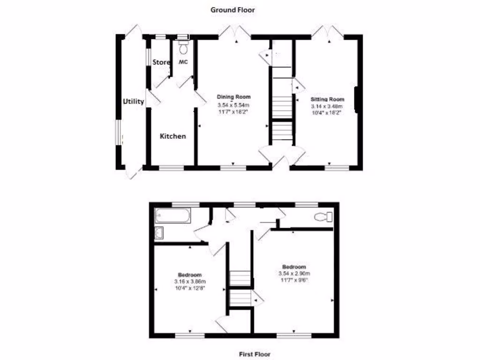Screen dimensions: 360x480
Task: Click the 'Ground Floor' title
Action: [x=232, y=9]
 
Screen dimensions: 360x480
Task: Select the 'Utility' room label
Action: [x=133, y=101]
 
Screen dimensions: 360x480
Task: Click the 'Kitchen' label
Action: [x=173, y=136]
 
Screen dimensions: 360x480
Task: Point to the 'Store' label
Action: [x=161, y=62]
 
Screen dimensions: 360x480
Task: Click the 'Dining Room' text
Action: [x=233, y=97]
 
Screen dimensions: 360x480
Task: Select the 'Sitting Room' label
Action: [x=328, y=99]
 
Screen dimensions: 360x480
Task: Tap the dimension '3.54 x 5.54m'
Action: [x=233, y=105]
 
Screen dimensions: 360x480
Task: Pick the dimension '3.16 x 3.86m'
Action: [x=190, y=282]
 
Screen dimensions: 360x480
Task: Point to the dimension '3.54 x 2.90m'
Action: [x=294, y=273]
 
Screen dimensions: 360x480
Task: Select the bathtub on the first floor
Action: [x=173, y=216]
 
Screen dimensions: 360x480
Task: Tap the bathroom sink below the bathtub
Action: [x=159, y=232]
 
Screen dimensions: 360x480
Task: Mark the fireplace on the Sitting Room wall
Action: [x=358, y=100]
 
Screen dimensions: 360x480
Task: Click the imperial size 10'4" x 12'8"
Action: [x=190, y=288]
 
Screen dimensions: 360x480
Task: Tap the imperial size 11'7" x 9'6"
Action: [x=294, y=280]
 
